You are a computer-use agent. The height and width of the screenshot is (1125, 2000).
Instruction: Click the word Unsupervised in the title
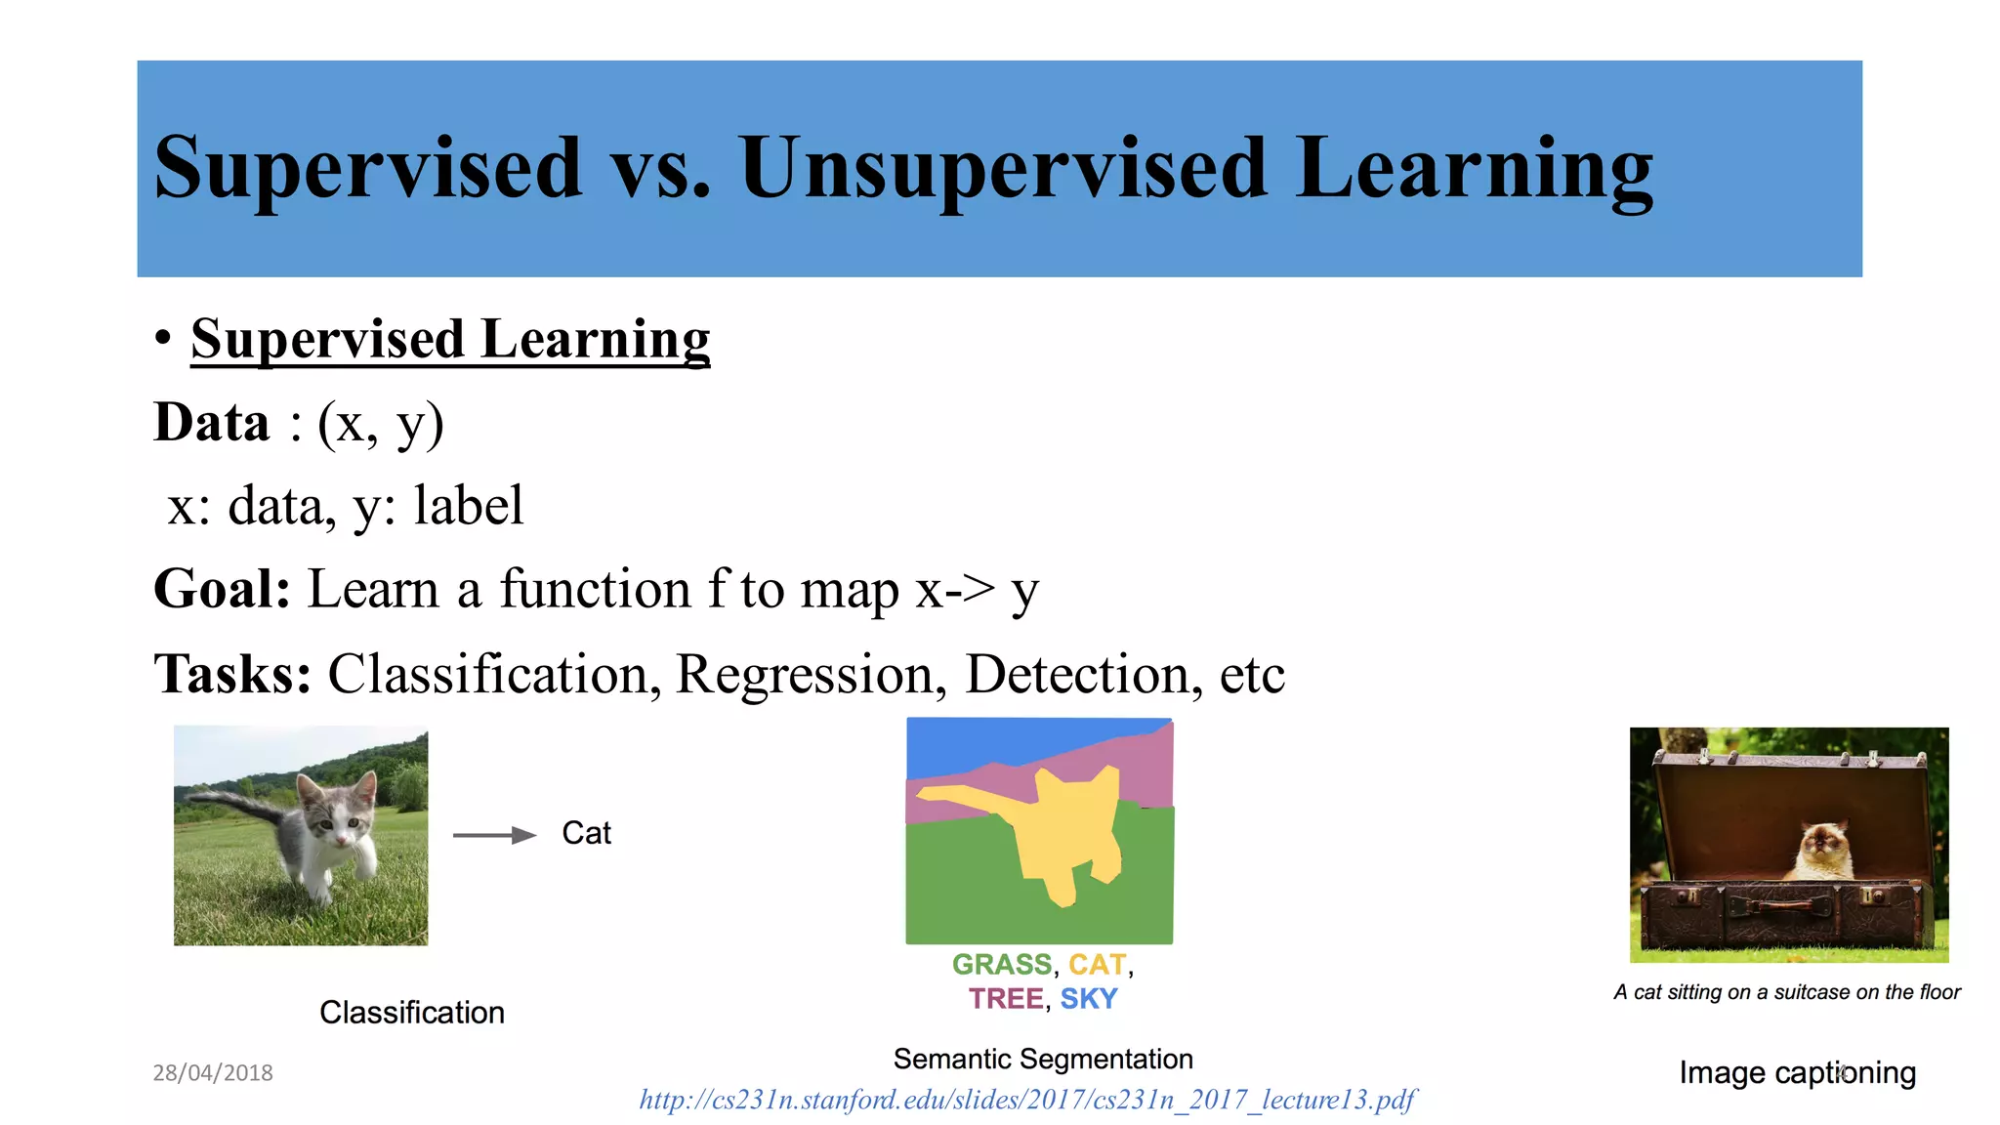click(1004, 168)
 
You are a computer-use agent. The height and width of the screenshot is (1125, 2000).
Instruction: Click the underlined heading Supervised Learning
click(450, 339)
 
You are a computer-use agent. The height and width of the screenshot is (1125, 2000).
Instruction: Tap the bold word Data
click(212, 423)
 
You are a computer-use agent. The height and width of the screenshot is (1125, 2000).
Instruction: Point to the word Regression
click(804, 674)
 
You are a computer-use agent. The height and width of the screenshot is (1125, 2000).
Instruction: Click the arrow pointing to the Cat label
click(494, 835)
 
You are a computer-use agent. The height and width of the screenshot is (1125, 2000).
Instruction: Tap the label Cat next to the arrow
click(586, 833)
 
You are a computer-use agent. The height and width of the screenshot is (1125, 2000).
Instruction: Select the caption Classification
click(411, 1013)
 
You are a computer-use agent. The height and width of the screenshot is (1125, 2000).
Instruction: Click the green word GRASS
click(1001, 965)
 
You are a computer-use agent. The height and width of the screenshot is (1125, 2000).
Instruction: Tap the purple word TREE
click(1005, 999)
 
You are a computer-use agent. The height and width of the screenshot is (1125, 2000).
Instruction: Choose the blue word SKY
click(1088, 999)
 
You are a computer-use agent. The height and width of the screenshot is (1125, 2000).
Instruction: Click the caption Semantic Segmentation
click(1042, 1059)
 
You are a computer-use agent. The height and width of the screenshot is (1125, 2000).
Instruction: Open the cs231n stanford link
click(1026, 1101)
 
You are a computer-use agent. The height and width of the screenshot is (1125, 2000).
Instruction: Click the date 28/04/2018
click(213, 1072)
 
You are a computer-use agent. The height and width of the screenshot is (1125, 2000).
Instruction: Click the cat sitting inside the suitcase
click(1822, 850)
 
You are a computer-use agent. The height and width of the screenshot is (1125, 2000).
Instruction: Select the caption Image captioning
click(1796, 1072)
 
